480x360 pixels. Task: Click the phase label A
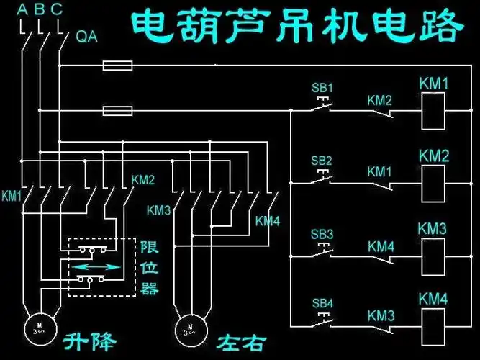[22, 9]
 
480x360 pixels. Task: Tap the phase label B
[39, 9]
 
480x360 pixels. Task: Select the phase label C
[57, 9]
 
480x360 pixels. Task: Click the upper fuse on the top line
[117, 66]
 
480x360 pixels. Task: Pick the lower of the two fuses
[117, 111]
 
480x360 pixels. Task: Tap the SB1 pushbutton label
[322, 88]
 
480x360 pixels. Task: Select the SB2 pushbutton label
[322, 160]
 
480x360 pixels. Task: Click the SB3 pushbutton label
[322, 235]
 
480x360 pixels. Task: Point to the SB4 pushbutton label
[322, 303]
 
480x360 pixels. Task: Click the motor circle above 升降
[37, 328]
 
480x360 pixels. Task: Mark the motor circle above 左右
[189, 328]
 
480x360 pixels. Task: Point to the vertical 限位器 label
[149, 268]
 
